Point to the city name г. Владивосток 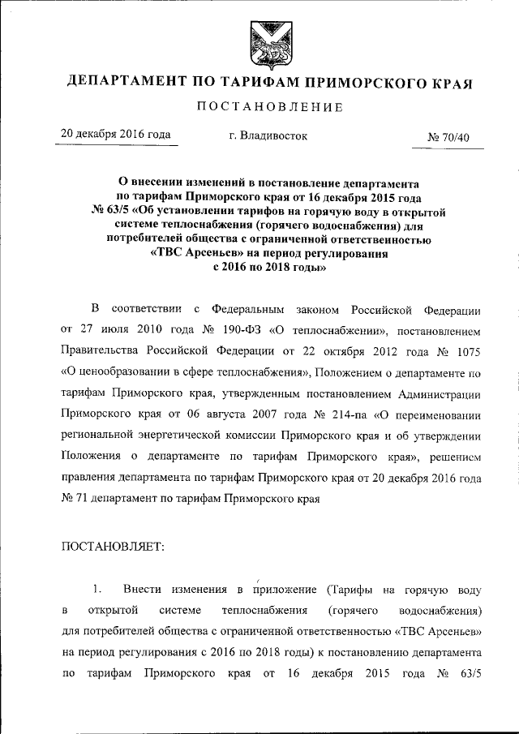(x=268, y=136)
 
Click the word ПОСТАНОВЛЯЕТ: (x=113, y=547)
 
